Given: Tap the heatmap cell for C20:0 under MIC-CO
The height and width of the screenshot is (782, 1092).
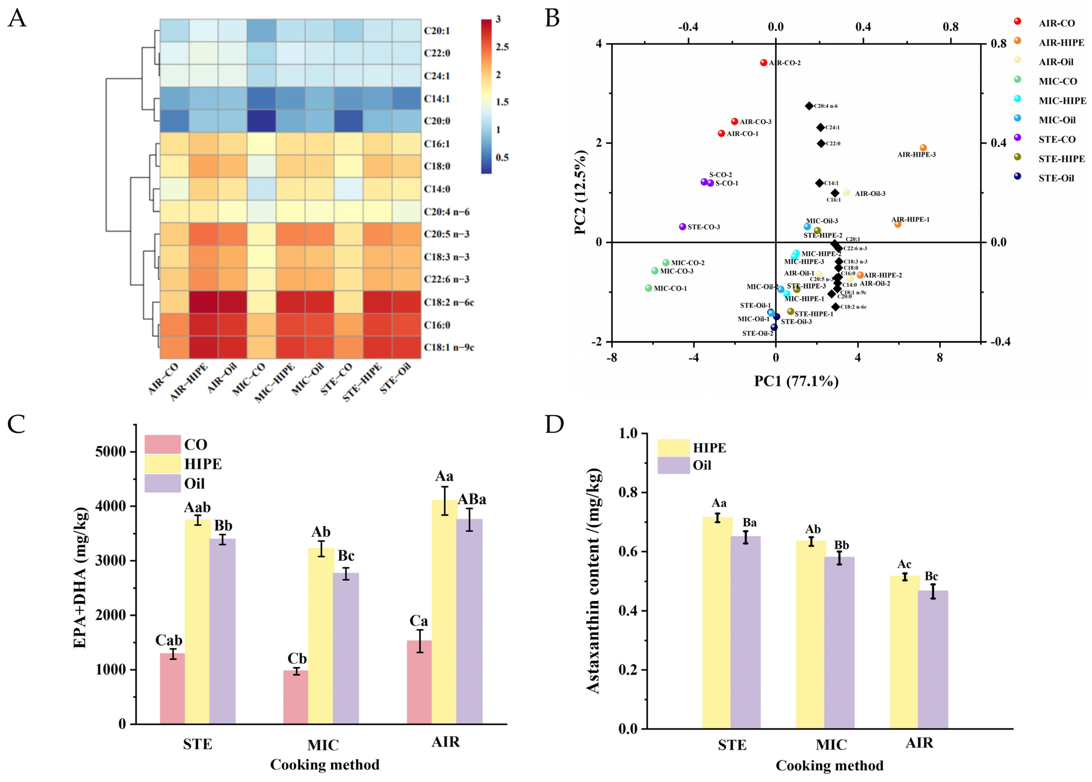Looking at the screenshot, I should [261, 121].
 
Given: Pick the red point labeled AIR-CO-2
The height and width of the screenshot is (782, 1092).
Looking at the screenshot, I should [764, 63].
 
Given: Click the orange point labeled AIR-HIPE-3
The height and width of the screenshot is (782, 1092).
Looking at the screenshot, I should [923, 148].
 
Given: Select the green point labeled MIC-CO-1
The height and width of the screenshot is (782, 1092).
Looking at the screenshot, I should [649, 288].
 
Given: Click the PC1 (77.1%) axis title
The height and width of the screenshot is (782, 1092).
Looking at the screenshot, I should [796, 381].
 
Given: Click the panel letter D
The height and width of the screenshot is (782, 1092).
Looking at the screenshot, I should [554, 425].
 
